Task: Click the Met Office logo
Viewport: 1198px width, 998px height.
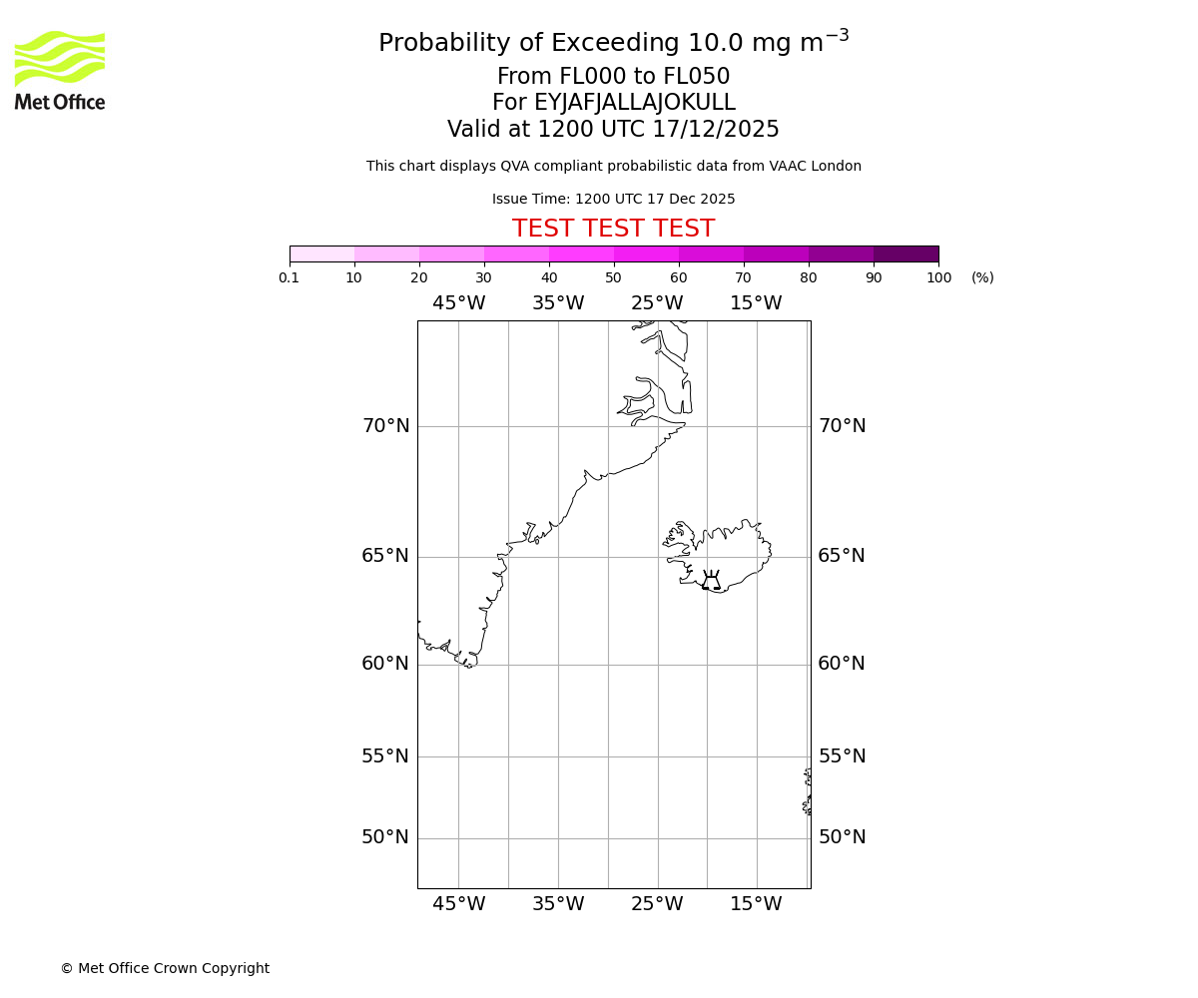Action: [60, 70]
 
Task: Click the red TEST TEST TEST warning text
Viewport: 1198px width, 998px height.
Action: [613, 229]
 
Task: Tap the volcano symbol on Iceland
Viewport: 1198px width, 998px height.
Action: [711, 581]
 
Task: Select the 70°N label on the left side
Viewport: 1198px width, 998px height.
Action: [385, 426]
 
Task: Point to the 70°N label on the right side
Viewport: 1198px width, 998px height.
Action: [842, 426]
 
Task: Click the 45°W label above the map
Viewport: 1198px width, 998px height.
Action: [458, 303]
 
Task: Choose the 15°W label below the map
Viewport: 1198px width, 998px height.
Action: [756, 904]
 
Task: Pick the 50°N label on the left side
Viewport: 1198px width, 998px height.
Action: [385, 837]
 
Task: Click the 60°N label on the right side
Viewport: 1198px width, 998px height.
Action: [842, 664]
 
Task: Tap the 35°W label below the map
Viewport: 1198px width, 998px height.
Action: [557, 904]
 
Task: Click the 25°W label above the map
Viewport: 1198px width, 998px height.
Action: [657, 303]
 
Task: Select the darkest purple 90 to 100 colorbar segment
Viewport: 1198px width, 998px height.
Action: [905, 253]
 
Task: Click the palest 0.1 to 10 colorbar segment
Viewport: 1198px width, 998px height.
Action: [321, 253]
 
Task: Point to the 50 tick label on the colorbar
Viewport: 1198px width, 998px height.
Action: [613, 277]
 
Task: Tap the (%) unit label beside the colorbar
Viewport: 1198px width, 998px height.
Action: [982, 277]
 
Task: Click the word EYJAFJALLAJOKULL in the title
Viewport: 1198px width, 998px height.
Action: [635, 103]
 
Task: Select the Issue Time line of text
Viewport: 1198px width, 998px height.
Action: [613, 200]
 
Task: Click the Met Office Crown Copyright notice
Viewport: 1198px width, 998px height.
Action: [165, 968]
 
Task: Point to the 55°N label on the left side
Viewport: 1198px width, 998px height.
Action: [385, 756]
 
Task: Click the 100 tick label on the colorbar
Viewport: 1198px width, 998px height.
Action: [938, 277]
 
